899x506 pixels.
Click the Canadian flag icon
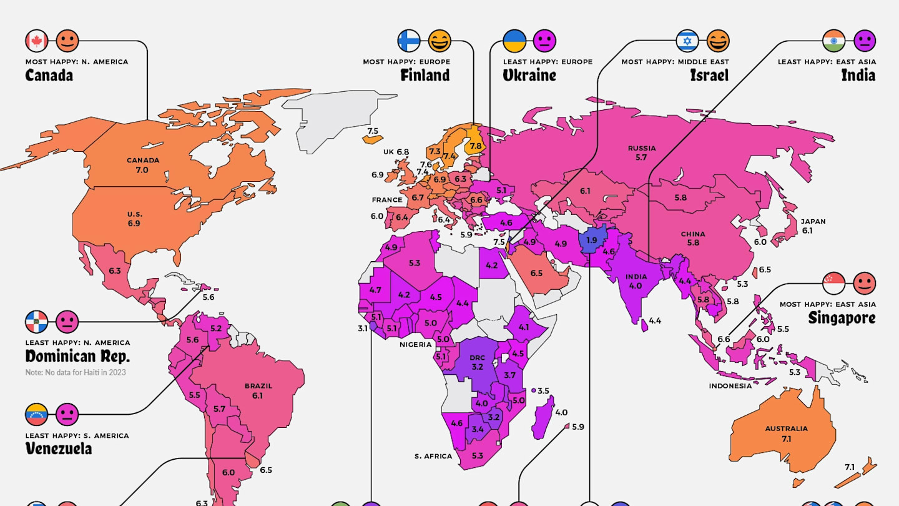click(37, 41)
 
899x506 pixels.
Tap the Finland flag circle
click(409, 41)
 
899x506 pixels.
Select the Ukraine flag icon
click(514, 41)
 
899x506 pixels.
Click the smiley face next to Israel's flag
click(718, 41)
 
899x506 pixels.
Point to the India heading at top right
click(858, 76)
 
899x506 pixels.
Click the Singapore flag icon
click(834, 284)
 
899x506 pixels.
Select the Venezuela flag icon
click(36, 414)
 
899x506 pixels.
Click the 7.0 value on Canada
click(142, 170)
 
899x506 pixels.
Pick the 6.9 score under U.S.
click(134, 223)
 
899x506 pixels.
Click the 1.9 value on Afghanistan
click(592, 240)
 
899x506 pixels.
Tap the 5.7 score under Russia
click(641, 158)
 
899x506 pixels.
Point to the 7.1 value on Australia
click(786, 439)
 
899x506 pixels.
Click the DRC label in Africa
click(478, 358)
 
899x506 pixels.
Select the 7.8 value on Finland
click(476, 146)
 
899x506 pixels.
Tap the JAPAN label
click(813, 221)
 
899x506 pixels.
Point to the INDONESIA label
click(730, 386)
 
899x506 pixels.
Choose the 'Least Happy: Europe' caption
click(548, 62)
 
